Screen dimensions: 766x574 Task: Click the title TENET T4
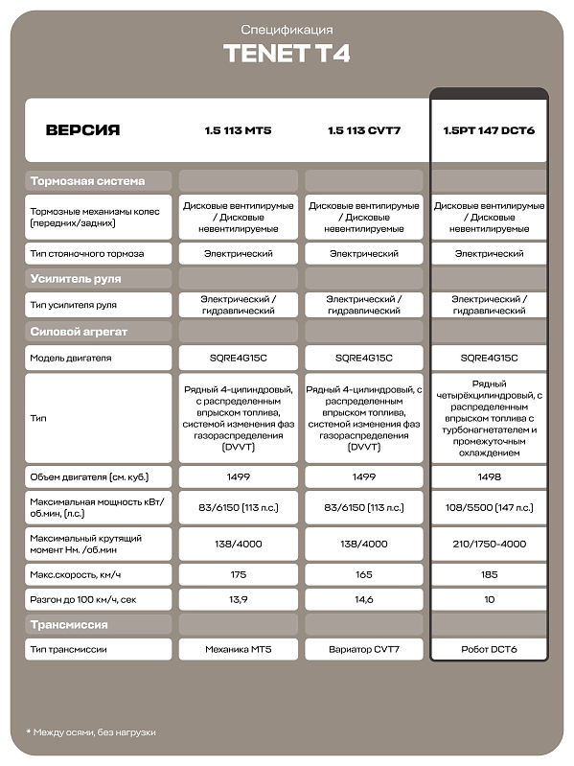[287, 54]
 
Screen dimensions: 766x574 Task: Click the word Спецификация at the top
[287, 31]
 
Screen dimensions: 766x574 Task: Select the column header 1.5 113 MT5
[238, 130]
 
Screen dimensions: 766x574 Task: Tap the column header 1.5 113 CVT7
[363, 130]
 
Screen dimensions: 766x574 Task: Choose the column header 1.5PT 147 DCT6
[489, 130]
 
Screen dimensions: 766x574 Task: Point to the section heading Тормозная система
[87, 181]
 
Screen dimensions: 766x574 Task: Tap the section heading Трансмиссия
[69, 625]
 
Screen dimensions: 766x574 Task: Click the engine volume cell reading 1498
[489, 476]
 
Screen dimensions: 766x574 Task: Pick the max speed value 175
[238, 574]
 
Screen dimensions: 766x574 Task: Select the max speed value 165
[363, 574]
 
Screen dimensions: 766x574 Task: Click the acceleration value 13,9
[238, 598]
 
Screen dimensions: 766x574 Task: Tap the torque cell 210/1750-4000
[489, 543]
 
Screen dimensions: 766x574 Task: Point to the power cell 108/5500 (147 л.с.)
[489, 509]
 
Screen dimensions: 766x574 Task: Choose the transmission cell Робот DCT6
[489, 650]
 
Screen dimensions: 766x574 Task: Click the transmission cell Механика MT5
[238, 650]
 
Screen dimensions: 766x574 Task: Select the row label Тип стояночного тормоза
[87, 254]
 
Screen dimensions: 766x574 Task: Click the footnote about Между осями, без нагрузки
[91, 732]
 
